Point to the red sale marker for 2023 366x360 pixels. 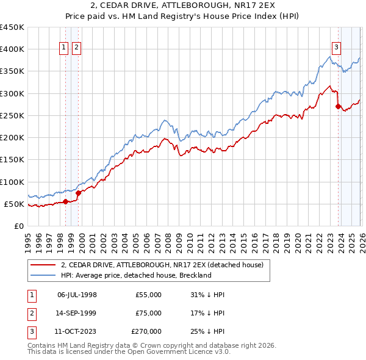point(338,106)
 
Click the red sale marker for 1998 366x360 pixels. point(65,201)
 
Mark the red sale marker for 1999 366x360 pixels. point(78,193)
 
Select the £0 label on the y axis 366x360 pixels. point(19,226)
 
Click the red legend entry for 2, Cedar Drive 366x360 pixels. point(162,265)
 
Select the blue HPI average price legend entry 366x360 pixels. point(135,275)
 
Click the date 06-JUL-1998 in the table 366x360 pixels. point(77,295)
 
